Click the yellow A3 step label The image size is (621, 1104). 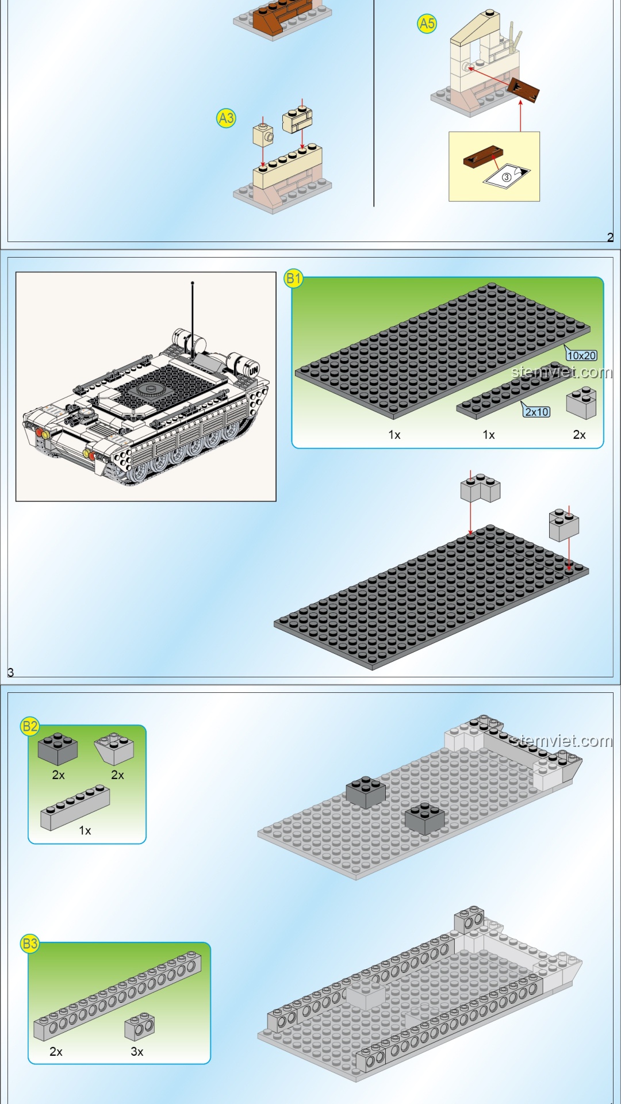tap(226, 118)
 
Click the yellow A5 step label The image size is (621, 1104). tap(427, 24)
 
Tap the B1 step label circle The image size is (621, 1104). tap(293, 279)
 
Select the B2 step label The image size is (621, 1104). tap(30, 726)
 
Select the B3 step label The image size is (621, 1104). tap(30, 944)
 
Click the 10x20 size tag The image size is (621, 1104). tap(581, 355)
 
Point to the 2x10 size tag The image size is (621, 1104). tap(536, 412)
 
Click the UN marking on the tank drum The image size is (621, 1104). tap(254, 370)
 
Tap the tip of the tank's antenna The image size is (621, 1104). tap(193, 283)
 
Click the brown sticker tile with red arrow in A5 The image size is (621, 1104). tap(523, 90)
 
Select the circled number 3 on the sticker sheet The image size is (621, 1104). tap(507, 177)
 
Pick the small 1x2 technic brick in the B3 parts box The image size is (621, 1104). tap(140, 1026)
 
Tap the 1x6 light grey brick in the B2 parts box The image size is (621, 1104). tap(75, 808)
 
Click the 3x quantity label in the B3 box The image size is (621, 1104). tap(137, 1052)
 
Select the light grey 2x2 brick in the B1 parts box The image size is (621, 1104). tap(581, 402)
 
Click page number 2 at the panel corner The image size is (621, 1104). tap(610, 237)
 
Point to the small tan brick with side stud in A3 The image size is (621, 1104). tap(263, 135)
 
